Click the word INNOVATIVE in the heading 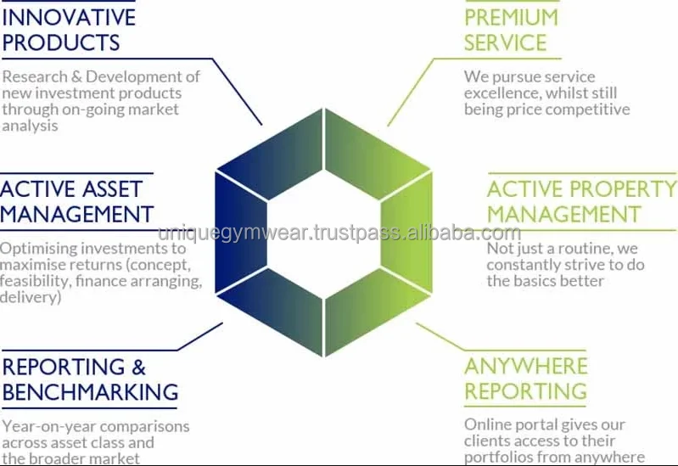[68, 17]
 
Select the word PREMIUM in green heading [511, 17]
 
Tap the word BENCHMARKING [90, 392]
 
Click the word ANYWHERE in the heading [526, 366]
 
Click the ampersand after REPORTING [137, 367]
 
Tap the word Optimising [37, 249]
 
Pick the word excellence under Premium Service [502, 93]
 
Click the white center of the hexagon [325, 242]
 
